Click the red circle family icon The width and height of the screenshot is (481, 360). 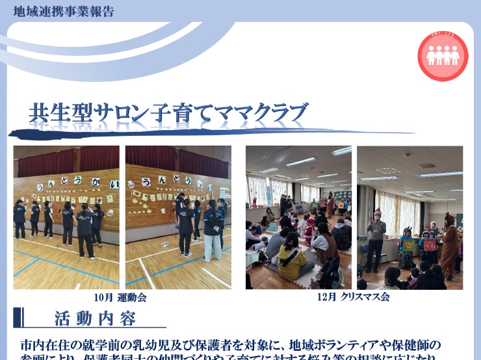443,56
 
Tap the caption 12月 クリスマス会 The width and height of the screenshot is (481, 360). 354,298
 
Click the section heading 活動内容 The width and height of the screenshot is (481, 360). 95,319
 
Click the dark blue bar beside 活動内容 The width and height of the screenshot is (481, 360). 19,318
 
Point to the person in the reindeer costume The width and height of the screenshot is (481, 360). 448,244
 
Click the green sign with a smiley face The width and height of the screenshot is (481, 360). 408,245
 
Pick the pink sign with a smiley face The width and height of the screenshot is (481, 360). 429,244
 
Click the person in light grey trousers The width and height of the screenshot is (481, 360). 213,234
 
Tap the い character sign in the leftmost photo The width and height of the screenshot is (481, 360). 114,184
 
